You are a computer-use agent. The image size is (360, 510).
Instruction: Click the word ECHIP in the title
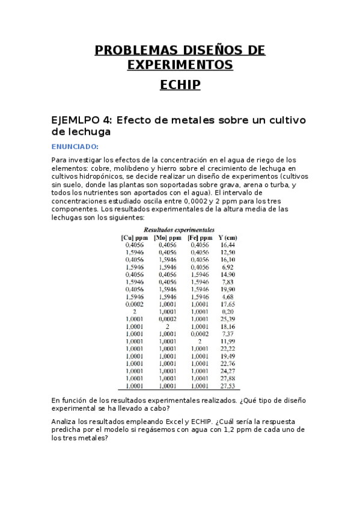(x=180, y=85)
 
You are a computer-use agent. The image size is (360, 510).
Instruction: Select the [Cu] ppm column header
(x=133, y=238)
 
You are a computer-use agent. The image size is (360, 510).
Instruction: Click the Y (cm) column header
(x=228, y=238)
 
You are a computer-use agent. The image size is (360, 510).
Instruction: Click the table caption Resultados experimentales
(x=179, y=230)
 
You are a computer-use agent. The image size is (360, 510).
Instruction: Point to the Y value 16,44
(x=227, y=245)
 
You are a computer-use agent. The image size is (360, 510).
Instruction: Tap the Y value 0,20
(x=227, y=312)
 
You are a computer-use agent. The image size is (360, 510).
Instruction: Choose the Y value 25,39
(x=227, y=319)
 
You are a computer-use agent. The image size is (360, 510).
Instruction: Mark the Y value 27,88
(x=227, y=378)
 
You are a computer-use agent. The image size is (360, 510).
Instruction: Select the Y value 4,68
(x=227, y=296)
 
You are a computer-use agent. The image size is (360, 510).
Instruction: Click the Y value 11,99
(x=227, y=341)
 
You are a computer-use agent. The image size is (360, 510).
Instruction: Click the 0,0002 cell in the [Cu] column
(x=133, y=304)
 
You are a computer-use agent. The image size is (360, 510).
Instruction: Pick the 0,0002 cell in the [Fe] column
(x=199, y=333)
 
